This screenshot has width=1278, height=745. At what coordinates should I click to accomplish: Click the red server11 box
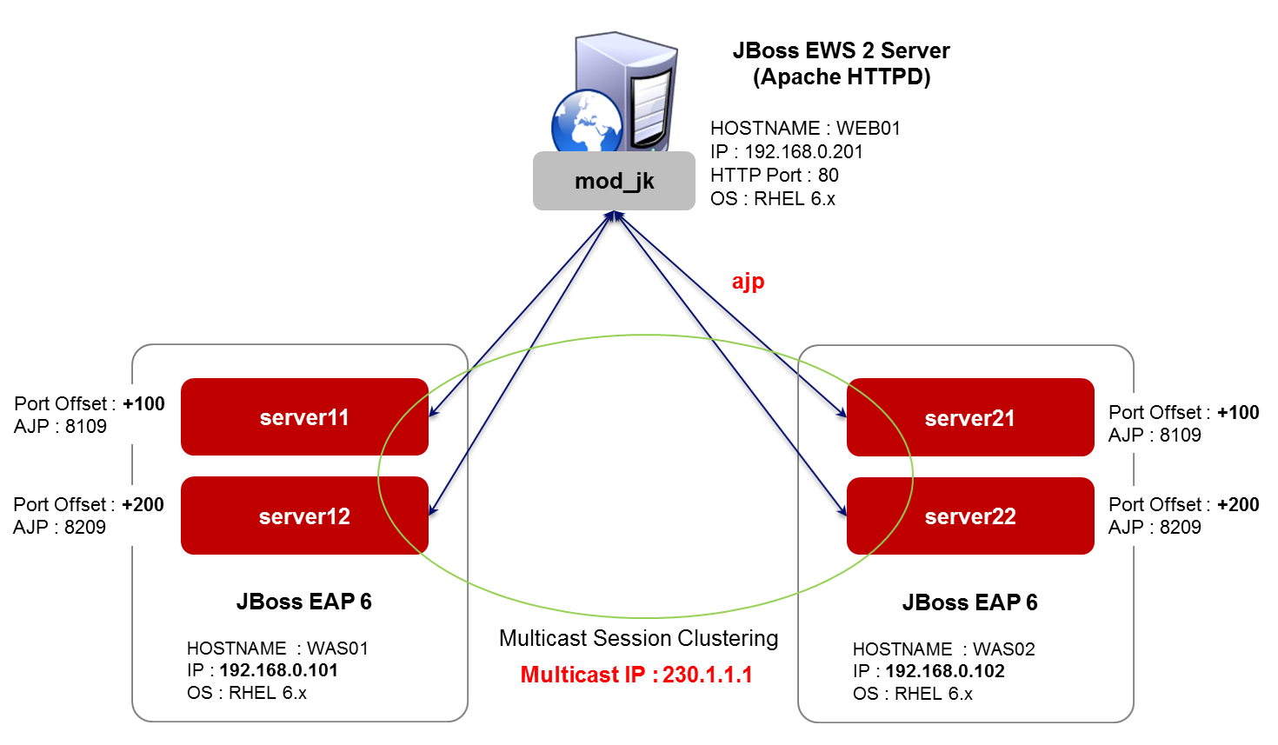[304, 417]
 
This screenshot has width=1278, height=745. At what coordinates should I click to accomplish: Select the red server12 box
[304, 516]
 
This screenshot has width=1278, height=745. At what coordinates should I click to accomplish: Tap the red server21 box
[969, 418]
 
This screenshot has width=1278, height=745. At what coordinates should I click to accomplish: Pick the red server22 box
[969, 516]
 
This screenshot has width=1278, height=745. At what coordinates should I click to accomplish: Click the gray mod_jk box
[614, 181]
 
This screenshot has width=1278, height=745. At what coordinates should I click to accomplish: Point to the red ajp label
[748, 282]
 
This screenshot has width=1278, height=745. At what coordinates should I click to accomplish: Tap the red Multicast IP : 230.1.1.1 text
[636, 675]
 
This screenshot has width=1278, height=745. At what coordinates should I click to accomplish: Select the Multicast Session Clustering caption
[638, 638]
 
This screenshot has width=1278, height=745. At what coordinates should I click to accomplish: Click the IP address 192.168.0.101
[278, 670]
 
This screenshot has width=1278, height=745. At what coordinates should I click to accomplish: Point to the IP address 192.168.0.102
[945, 671]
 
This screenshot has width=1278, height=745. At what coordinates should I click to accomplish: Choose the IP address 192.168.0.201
[803, 151]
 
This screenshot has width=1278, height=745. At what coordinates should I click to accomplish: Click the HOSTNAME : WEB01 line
[805, 128]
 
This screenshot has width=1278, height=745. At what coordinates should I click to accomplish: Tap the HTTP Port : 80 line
[774, 175]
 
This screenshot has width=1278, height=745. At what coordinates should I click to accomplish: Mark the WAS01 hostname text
[337, 649]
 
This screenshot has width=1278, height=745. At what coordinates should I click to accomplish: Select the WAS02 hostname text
[1003, 649]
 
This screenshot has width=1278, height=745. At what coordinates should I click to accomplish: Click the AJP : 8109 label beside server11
[60, 426]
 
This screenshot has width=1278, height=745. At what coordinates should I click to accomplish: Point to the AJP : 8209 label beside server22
[1155, 527]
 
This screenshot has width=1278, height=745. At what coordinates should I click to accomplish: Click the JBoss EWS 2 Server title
[841, 50]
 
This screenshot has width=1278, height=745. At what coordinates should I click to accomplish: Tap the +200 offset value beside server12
[143, 504]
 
